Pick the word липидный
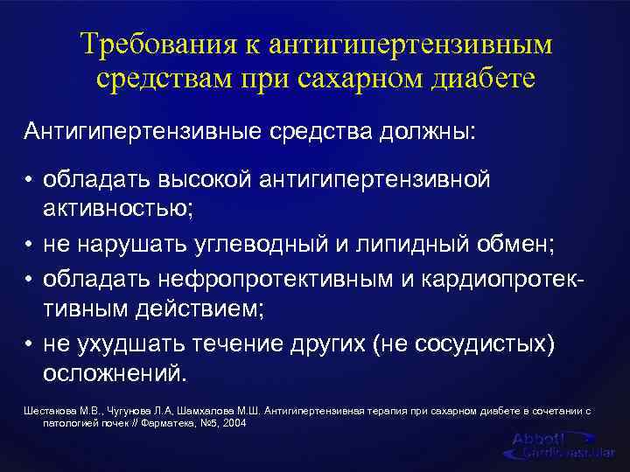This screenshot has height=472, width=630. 402,242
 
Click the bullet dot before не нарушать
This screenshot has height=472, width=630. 29,243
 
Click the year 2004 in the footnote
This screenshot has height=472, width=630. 234,422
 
